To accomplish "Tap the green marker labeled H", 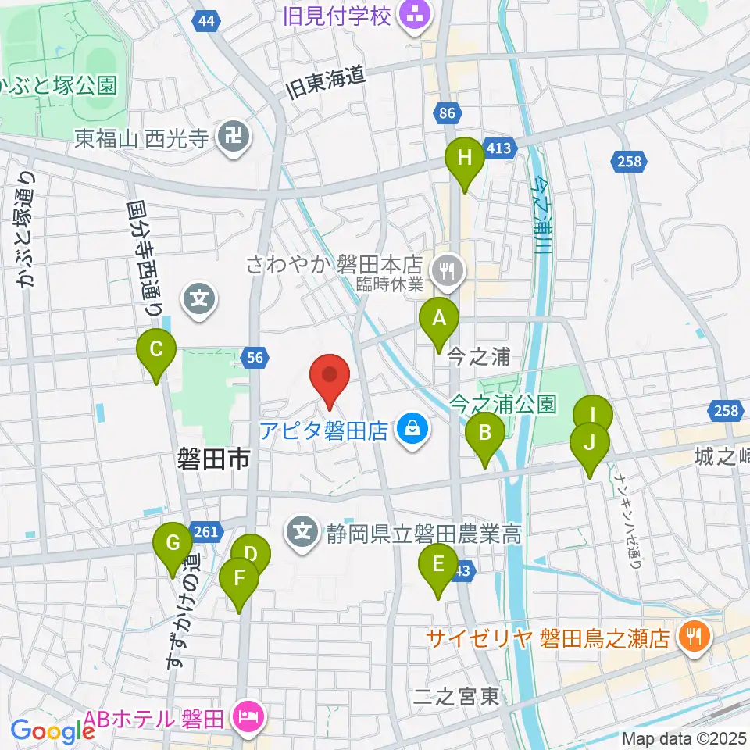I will click(465, 159).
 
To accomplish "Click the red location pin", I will click(330, 376).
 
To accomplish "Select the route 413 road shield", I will click(498, 148).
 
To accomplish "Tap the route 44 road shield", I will click(205, 22).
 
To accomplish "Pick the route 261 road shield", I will click(205, 530).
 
